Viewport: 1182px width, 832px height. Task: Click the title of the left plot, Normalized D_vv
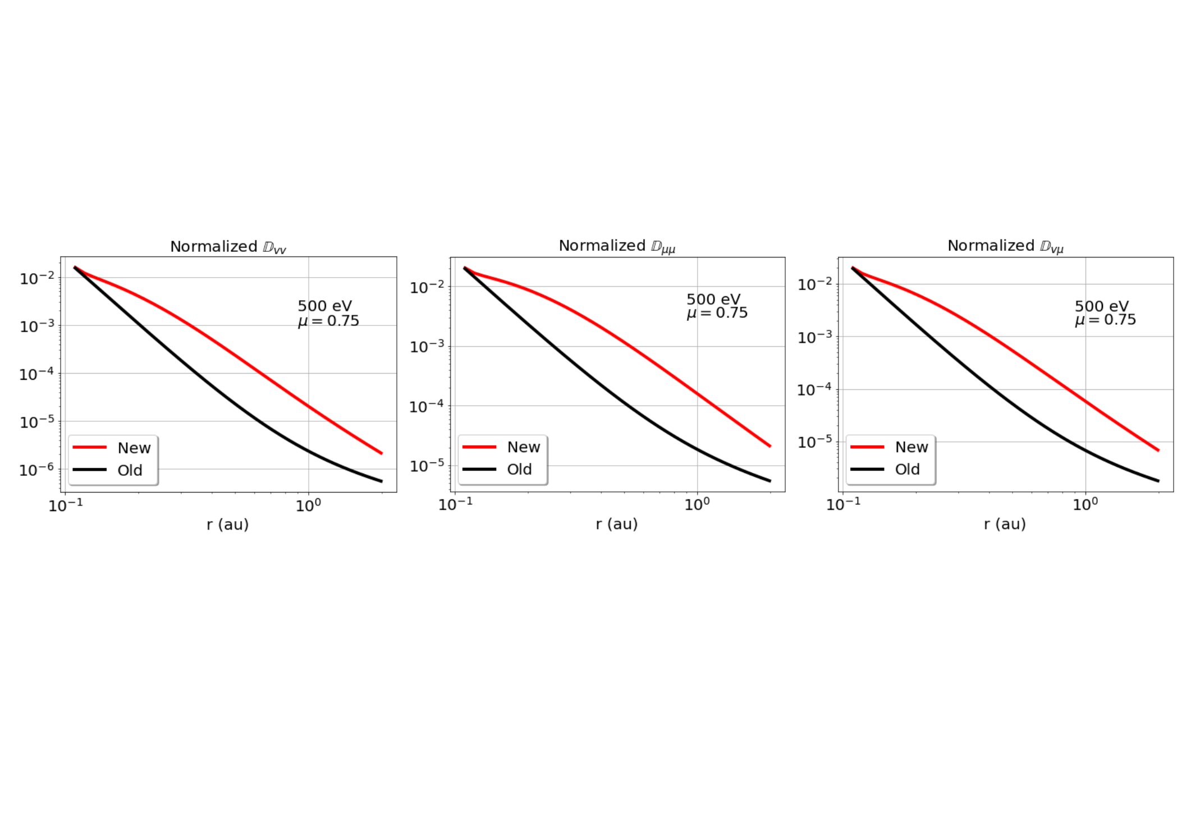point(228,247)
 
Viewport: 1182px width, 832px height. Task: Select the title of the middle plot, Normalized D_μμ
point(617,246)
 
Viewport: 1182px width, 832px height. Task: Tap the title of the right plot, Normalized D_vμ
point(1005,246)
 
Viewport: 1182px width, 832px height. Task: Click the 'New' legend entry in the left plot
point(134,448)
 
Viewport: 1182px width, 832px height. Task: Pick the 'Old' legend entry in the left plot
point(130,470)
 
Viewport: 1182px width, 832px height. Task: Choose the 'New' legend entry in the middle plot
point(523,447)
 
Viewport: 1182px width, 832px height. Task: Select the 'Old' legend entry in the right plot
point(907,469)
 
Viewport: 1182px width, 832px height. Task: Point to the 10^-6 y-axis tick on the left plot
point(36,470)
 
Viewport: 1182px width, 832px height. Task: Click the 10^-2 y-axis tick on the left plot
point(37,278)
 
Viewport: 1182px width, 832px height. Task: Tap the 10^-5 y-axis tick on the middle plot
point(427,466)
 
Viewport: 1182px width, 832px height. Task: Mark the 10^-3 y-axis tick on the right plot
point(814,337)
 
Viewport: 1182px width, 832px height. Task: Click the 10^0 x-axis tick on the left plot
point(308,505)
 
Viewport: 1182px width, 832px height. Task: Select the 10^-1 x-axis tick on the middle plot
point(455,504)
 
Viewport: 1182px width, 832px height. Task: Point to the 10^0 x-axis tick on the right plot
point(1085,504)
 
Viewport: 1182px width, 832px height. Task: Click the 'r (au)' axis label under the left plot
point(227,525)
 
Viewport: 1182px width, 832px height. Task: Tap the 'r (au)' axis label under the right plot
point(1005,524)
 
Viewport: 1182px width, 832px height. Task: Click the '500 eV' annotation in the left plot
point(324,306)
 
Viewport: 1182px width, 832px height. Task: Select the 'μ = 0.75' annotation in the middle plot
point(717,313)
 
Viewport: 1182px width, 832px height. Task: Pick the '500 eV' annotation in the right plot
point(1101,306)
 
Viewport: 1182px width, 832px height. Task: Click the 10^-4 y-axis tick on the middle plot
point(427,406)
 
